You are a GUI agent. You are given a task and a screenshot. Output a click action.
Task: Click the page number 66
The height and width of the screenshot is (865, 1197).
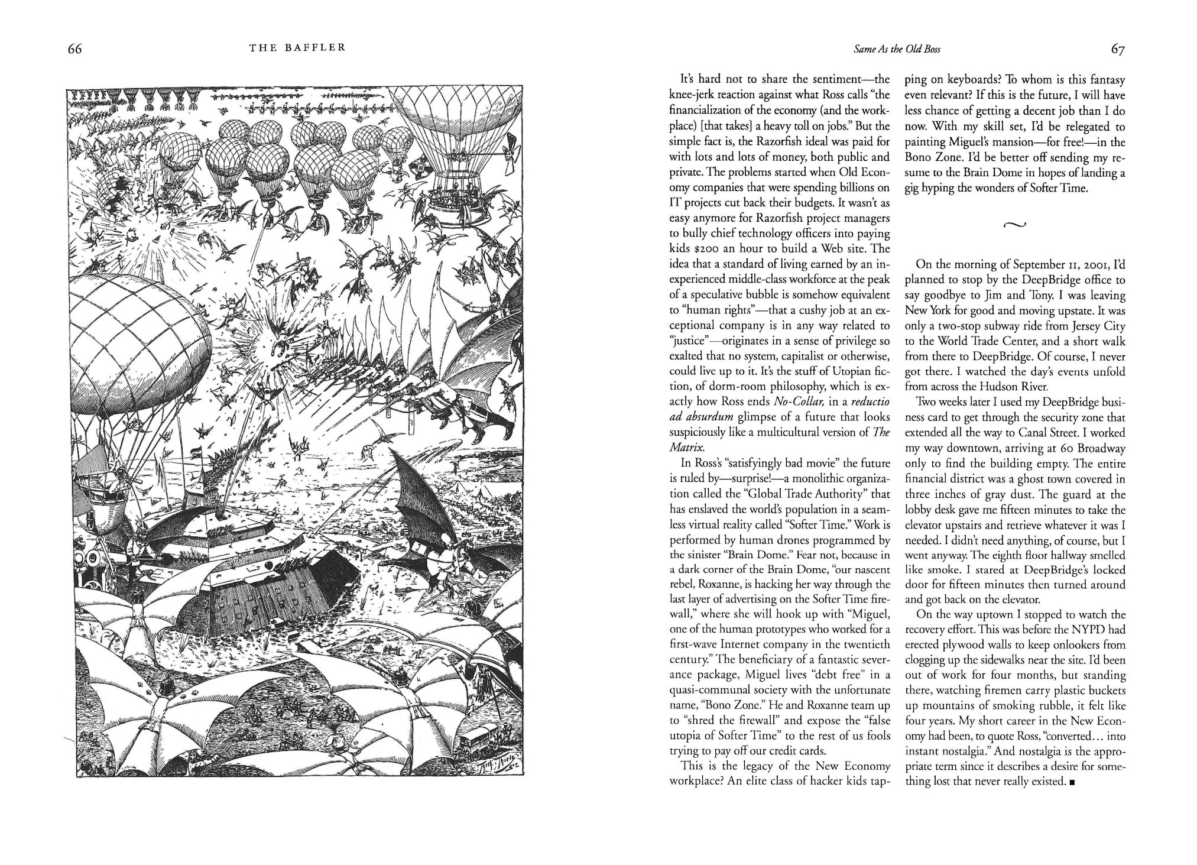(74, 50)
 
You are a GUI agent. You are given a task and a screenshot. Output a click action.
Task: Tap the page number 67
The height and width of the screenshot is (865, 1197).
(1117, 50)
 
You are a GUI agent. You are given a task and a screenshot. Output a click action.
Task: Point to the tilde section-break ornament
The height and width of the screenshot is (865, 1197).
(1014, 224)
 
